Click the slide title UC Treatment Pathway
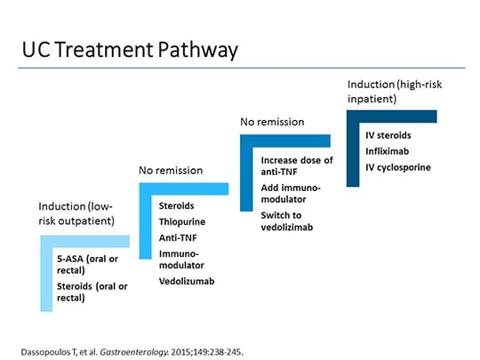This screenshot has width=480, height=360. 131,50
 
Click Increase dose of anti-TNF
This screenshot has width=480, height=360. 296,166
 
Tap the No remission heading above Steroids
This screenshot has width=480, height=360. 170,170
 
